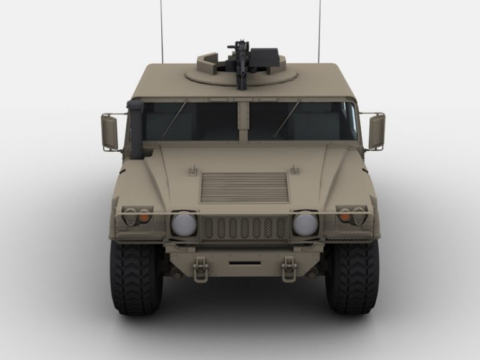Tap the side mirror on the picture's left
[109, 132]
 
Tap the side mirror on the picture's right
[376, 131]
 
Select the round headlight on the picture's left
[184, 224]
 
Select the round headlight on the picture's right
[305, 224]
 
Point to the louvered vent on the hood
[244, 187]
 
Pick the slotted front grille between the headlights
[244, 228]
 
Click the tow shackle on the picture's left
[201, 269]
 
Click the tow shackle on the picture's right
[289, 269]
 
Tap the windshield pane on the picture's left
[191, 121]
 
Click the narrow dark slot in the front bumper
[244, 264]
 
